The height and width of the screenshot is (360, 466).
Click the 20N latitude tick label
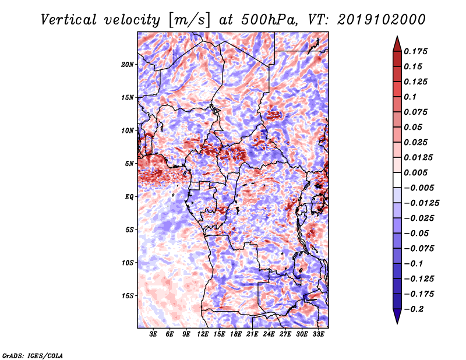point(128,65)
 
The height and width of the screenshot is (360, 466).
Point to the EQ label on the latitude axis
point(129,197)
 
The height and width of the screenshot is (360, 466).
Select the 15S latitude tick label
point(128,296)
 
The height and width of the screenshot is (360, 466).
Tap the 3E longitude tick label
point(153,334)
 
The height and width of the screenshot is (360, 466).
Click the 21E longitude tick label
point(252,334)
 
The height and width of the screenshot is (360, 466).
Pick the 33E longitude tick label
point(318,334)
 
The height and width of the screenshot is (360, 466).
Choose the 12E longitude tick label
point(203,334)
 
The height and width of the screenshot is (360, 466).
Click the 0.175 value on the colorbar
point(415,52)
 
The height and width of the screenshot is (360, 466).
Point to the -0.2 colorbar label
point(414,309)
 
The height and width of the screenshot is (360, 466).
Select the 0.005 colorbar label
point(415,172)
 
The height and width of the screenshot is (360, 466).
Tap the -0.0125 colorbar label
point(421,203)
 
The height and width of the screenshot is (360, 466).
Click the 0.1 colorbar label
point(410,97)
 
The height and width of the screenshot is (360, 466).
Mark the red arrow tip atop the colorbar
point(397,37)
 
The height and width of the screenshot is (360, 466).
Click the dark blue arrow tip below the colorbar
point(397,323)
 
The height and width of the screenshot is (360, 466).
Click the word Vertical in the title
point(69,20)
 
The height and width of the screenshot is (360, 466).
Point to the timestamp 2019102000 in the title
point(382,20)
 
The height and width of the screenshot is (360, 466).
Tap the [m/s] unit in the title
point(189,20)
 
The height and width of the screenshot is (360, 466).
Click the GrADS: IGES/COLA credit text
point(33,356)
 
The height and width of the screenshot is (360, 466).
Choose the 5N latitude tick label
point(129,164)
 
